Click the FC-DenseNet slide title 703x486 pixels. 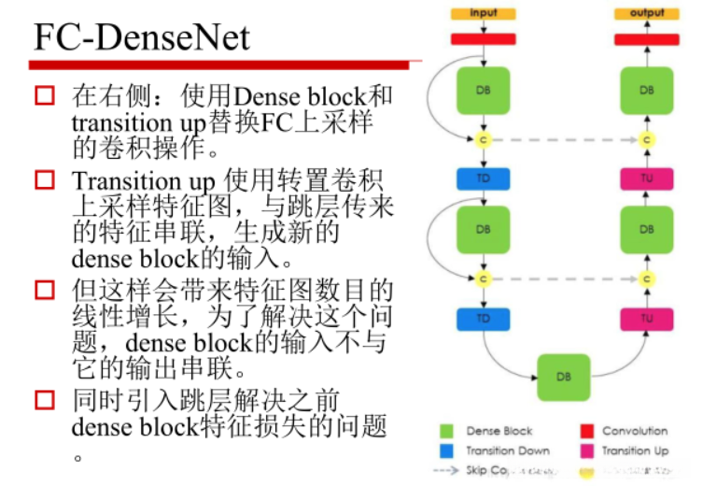tap(142, 37)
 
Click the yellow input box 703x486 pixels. tap(483, 13)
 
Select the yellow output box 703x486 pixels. tap(647, 13)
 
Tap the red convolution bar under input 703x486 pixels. tap(483, 39)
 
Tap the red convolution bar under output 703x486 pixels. tap(647, 39)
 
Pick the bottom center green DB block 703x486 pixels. tap(563, 377)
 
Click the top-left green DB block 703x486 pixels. tap(483, 91)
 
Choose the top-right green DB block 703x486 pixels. tap(647, 91)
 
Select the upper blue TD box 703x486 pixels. tap(483, 179)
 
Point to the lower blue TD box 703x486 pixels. tap(483, 319)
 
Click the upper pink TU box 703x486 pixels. tap(647, 179)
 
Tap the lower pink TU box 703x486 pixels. tap(647, 319)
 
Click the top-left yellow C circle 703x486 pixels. tap(483, 139)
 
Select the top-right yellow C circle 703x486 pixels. tap(647, 139)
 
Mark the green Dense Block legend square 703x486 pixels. tap(447, 432)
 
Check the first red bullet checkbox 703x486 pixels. tap(44, 95)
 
